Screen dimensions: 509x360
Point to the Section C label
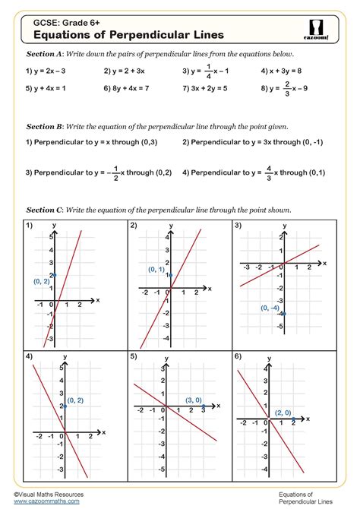(44, 209)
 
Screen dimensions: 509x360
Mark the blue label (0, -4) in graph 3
(270, 308)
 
